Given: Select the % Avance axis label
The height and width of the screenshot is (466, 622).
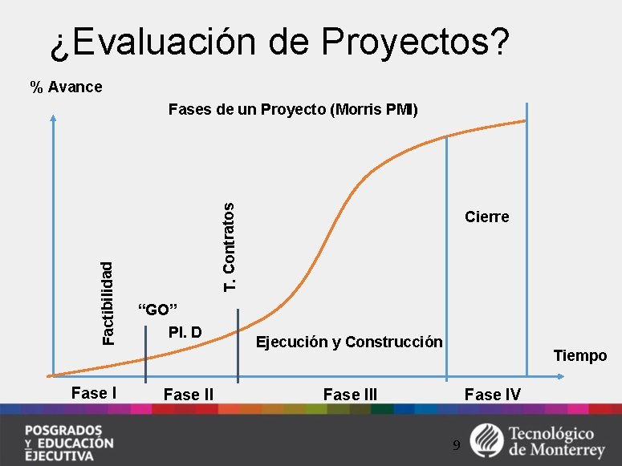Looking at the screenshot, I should click(x=66, y=87).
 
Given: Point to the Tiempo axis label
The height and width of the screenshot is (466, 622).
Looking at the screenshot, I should click(x=580, y=355).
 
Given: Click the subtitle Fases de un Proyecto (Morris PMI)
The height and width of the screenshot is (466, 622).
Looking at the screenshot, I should click(x=293, y=109).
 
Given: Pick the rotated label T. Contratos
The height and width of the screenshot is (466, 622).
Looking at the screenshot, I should click(x=230, y=247).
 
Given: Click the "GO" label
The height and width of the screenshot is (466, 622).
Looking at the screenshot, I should click(x=157, y=310).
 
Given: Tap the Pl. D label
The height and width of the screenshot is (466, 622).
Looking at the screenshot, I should click(x=185, y=332).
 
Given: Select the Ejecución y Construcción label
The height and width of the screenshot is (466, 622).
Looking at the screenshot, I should click(x=348, y=342).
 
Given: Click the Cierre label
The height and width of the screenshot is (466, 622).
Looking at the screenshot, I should click(x=486, y=217).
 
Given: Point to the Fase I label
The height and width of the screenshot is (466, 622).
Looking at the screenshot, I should click(x=95, y=393).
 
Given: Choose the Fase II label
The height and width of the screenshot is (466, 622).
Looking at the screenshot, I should click(x=188, y=394).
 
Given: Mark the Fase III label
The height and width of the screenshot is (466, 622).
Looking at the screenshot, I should click(x=350, y=394).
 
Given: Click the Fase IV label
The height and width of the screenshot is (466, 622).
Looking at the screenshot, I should click(x=492, y=394).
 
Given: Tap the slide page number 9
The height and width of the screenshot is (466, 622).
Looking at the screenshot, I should click(x=456, y=444).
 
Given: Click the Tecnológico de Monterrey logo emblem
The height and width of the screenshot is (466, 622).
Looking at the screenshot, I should click(x=486, y=439).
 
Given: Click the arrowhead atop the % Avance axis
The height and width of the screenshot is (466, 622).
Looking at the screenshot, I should click(x=53, y=117).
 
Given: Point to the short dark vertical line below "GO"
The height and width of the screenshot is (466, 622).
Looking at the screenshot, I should click(x=146, y=355).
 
